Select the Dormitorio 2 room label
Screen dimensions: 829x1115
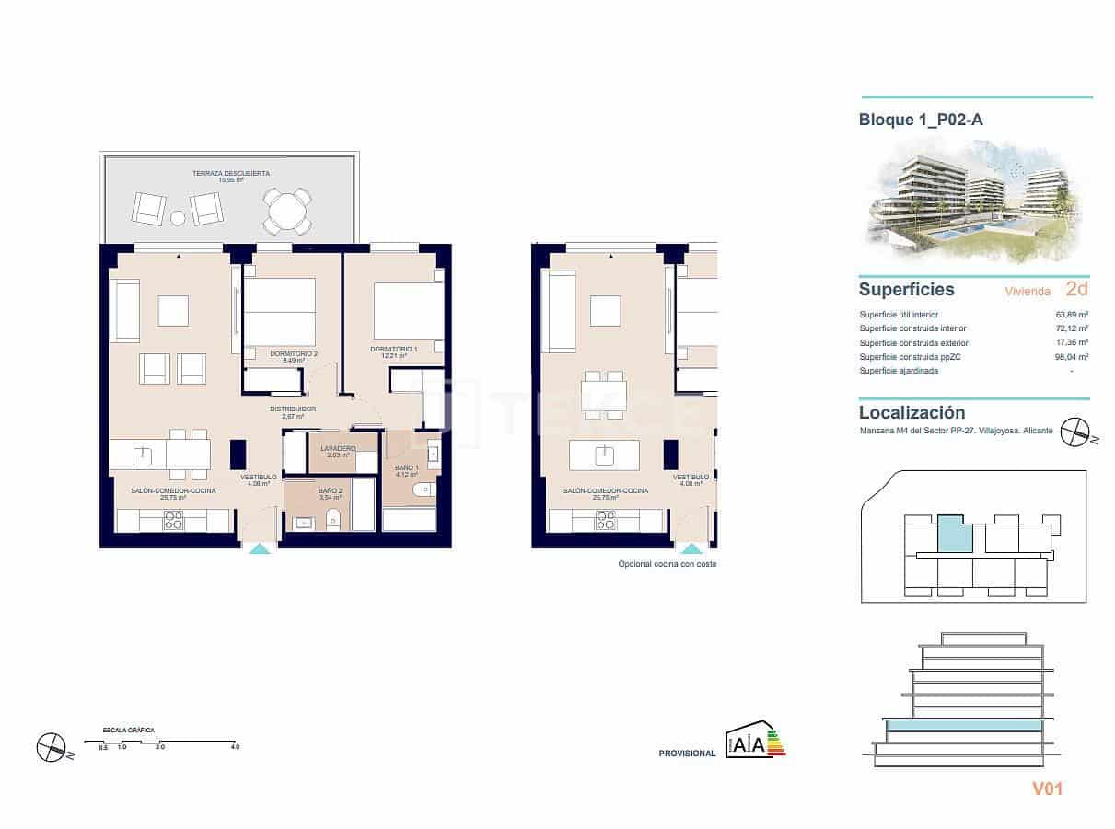tap(294, 353)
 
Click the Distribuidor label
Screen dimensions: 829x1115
tap(293, 409)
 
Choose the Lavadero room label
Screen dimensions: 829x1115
tap(339, 448)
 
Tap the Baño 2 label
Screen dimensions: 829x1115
tap(331, 491)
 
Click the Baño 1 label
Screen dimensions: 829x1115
tap(406, 468)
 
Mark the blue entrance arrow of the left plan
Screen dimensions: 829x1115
tap(261, 548)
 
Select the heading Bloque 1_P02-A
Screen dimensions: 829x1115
tap(913, 120)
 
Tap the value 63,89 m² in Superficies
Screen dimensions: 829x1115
tap(1072, 314)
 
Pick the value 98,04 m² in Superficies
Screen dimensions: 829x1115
tap(1072, 356)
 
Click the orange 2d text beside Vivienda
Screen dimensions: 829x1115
tap(1076, 289)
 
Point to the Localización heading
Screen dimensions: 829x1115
tap(912, 413)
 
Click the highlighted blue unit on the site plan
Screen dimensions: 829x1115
tap(955, 534)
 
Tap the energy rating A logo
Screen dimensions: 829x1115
tap(755, 741)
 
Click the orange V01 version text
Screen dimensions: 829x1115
tap(1048, 789)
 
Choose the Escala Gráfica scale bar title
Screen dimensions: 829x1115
tap(129, 730)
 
